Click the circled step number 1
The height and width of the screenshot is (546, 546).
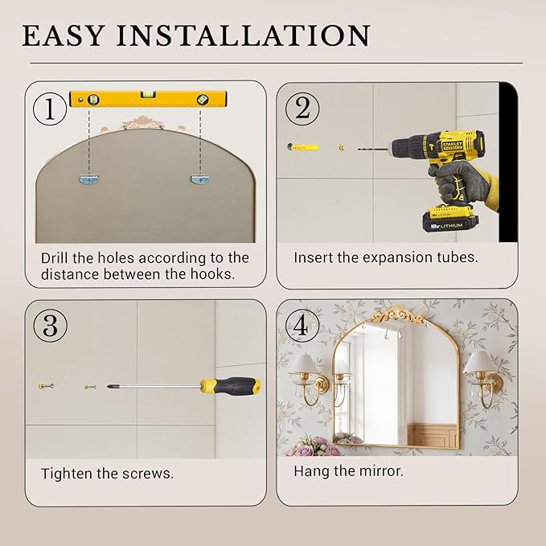click(49, 109)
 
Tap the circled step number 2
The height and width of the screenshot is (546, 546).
click(302, 109)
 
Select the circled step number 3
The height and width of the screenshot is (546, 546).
click(50, 325)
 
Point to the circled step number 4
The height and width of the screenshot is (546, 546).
click(302, 325)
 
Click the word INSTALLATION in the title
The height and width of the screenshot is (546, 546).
click(243, 35)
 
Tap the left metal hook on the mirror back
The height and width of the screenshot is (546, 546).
click(89, 179)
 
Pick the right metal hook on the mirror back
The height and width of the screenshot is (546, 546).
click(199, 179)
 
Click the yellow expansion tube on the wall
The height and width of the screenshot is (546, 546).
click(303, 147)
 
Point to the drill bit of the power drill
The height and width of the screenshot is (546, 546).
click(372, 149)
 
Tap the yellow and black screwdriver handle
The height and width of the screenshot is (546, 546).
click(230, 386)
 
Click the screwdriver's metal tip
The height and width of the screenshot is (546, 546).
click(110, 386)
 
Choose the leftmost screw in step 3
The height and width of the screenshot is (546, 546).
click(46, 385)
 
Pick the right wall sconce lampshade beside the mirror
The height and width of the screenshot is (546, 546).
click(480, 362)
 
